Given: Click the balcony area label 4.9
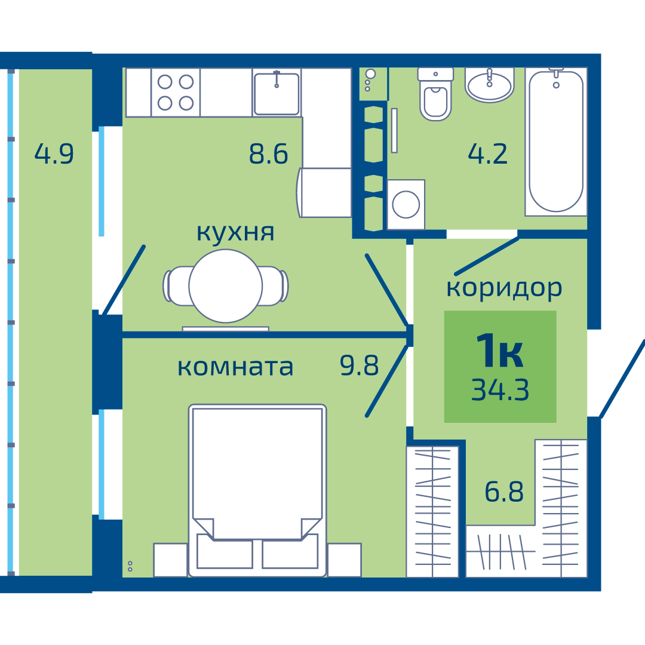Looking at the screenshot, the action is [x=54, y=153].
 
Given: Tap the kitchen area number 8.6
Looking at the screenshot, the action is [x=269, y=153].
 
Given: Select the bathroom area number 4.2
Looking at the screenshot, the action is [x=488, y=153].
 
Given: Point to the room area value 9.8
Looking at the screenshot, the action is [x=359, y=365].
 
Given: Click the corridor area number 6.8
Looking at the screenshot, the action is [x=504, y=491].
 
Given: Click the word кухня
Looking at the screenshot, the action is [x=235, y=233].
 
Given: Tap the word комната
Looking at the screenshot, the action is [x=235, y=367].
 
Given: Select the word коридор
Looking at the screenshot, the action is [x=504, y=288].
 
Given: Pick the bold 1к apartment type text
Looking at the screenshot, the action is [x=500, y=351].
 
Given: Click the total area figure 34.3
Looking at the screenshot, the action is [x=500, y=389].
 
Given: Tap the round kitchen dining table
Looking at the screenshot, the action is [x=225, y=286].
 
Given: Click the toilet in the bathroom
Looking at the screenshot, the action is [x=435, y=94].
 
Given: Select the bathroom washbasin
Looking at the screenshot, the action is [x=490, y=85].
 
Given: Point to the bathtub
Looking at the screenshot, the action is [x=556, y=142].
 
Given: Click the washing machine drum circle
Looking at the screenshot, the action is [x=406, y=204].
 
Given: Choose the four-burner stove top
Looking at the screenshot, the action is [x=176, y=93].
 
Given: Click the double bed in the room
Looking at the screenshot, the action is [x=257, y=490].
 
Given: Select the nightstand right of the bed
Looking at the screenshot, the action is [x=345, y=560].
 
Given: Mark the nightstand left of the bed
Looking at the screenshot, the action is [x=171, y=560].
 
